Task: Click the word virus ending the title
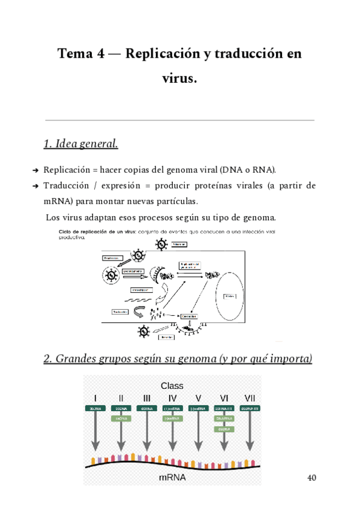click(179, 78)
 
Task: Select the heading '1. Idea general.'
click(80, 144)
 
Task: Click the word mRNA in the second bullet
click(57, 201)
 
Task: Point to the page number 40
click(311, 478)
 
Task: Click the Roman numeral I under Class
click(95, 398)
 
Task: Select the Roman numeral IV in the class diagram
click(172, 398)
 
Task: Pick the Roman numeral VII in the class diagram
click(250, 398)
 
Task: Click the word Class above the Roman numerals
click(172, 385)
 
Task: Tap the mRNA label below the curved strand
click(172, 478)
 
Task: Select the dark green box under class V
click(198, 408)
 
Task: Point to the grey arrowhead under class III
click(146, 446)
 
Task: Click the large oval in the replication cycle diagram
click(230, 296)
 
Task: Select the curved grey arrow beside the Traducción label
click(139, 312)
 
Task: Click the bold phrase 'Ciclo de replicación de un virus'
click(96, 232)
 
